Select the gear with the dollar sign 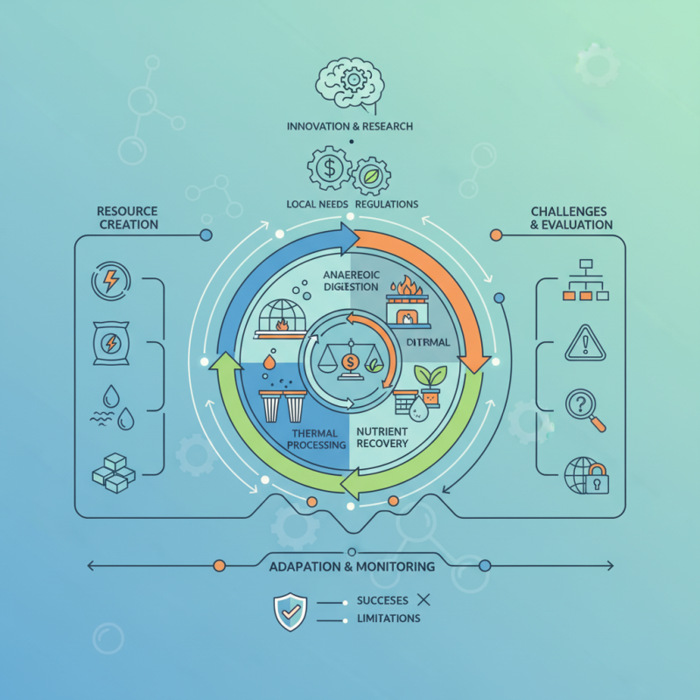tap(328, 169)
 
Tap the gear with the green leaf tap(370, 175)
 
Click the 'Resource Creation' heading tap(128, 218)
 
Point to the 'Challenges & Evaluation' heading tap(571, 218)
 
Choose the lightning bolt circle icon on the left tap(111, 283)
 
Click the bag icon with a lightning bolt tap(111, 344)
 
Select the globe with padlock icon tap(585, 475)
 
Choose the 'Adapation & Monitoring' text tap(352, 567)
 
